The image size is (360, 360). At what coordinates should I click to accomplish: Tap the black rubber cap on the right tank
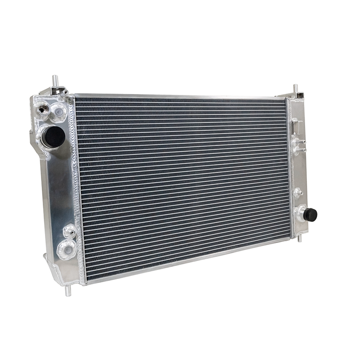click(x=310, y=215)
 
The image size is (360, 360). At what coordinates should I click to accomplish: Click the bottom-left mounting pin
click(x=68, y=290)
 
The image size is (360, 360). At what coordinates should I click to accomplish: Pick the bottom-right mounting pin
click(x=300, y=237)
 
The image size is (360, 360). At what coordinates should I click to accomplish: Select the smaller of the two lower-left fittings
click(x=69, y=231)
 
